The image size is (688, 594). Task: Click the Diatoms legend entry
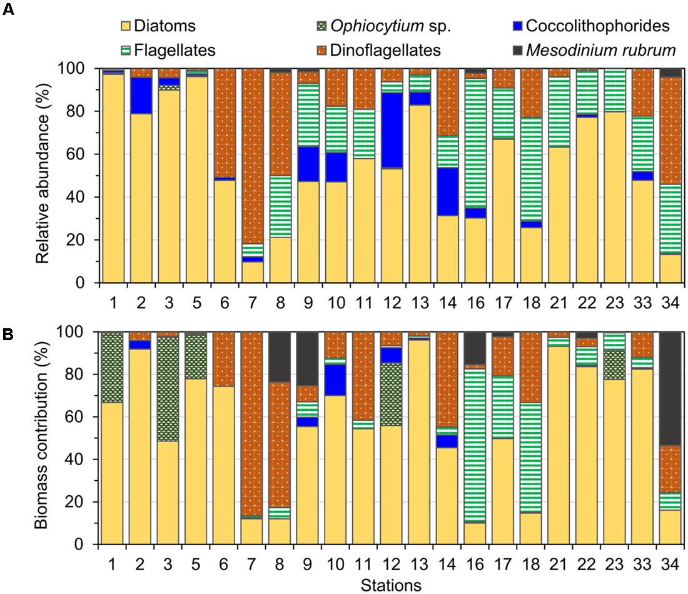160,26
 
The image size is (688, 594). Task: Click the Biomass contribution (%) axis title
42,438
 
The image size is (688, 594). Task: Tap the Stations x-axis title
390,585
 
